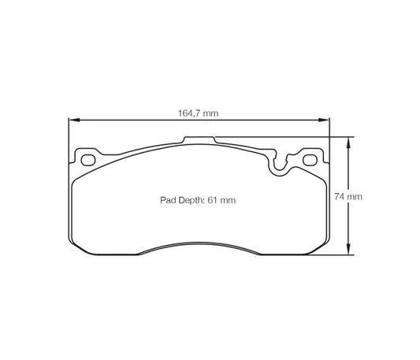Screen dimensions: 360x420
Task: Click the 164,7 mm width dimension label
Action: [198, 113]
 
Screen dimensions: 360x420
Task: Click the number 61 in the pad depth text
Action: [213, 201]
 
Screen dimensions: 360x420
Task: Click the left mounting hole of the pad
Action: [88, 161]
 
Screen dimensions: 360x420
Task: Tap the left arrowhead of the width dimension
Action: [73, 121]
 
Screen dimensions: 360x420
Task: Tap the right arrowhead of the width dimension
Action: [325, 121]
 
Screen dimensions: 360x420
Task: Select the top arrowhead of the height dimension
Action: [347, 141]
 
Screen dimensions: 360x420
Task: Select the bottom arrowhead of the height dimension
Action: [347, 251]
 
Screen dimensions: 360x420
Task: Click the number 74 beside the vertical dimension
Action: [341, 195]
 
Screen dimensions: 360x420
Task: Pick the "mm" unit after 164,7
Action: [209, 113]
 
